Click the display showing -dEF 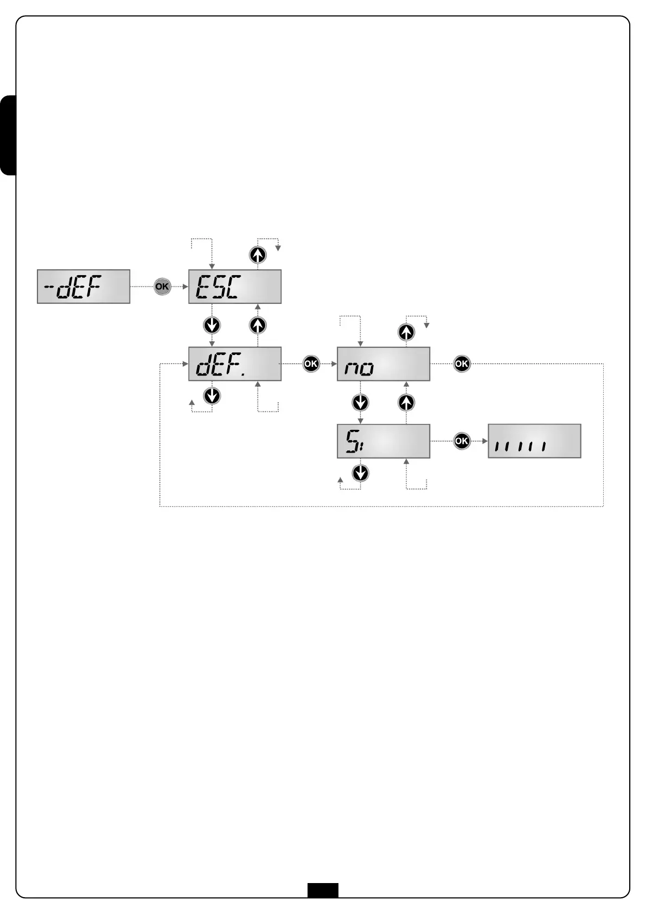[84, 287]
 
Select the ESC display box [235, 287]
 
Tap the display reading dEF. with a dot [235, 364]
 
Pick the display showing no [383, 364]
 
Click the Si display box [383, 441]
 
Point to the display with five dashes [534, 441]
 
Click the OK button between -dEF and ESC [162, 287]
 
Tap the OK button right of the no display [462, 364]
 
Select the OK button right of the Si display [462, 441]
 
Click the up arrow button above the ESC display [258, 255]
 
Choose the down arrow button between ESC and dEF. [212, 325]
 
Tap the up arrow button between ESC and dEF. [258, 325]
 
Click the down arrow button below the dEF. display [212, 396]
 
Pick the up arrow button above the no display [406, 332]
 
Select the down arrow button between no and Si [360, 402]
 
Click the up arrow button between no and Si [406, 402]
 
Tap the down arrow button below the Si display [360, 473]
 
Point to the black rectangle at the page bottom [323, 890]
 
